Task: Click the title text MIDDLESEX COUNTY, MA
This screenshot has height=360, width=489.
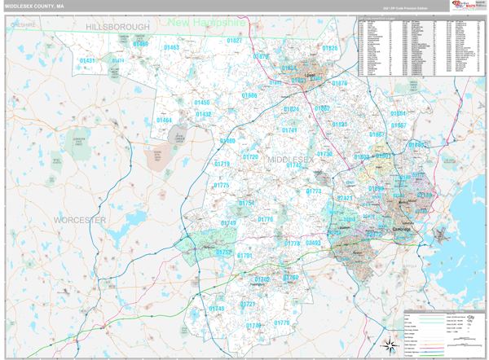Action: point(34,6)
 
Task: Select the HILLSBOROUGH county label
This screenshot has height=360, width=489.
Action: point(118,27)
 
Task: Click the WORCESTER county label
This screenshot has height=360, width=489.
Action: point(80,220)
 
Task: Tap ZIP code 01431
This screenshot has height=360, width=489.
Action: point(87,61)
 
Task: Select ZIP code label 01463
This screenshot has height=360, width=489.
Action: point(172,48)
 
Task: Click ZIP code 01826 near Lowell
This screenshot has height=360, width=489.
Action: point(329,49)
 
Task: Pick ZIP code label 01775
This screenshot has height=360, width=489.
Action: point(222,186)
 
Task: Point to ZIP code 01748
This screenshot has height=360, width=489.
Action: point(216,309)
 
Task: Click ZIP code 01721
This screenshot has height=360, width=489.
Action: point(248,304)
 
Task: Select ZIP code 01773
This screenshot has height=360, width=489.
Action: point(314,191)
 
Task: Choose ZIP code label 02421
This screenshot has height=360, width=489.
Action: point(345,197)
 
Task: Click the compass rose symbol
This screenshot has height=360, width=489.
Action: point(389,343)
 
